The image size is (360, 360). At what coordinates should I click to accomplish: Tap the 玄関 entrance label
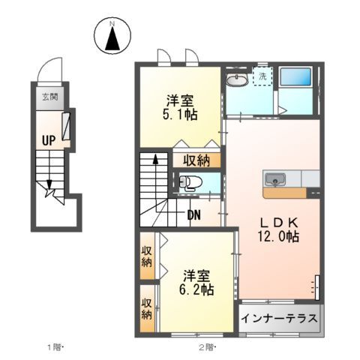pyautogui.click(x=49, y=96)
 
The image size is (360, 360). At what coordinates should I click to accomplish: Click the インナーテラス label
pyautogui.click(x=279, y=318)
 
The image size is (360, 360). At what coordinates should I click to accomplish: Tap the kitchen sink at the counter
pyautogui.click(x=274, y=179)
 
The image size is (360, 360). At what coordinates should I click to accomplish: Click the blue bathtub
pyautogui.click(x=296, y=77)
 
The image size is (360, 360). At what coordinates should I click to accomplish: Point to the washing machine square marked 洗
pyautogui.click(x=263, y=76)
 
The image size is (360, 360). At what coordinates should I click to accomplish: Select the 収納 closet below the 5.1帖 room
pyautogui.click(x=197, y=160)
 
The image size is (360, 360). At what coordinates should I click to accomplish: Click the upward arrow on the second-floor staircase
pyautogui.click(x=155, y=161)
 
